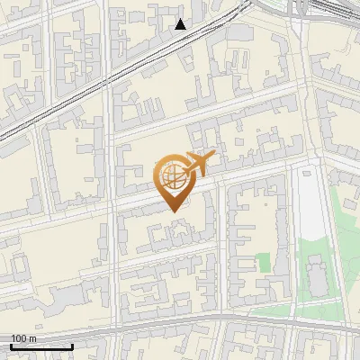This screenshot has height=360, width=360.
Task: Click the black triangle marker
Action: tap(181, 24)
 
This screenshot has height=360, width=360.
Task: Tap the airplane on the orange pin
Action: tap(197, 163)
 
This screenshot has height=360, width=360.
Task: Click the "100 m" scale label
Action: tap(22, 338)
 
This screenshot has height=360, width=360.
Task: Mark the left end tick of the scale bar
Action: tap(11, 346)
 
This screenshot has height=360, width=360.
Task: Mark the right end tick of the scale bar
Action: tap(72, 346)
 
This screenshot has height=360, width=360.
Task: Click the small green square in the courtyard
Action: tap(263, 263)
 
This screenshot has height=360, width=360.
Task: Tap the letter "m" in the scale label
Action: tap(31, 338)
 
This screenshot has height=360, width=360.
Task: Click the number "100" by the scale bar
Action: tap(18, 338)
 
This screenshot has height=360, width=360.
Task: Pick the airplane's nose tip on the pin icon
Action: tap(214, 156)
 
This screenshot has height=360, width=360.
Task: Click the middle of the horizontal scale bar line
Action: tap(41, 346)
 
